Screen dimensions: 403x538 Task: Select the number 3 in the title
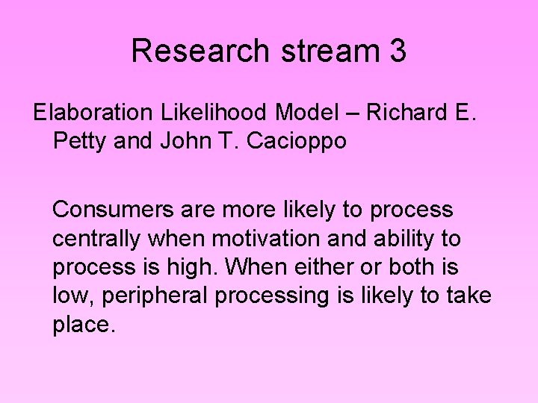[398, 51]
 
